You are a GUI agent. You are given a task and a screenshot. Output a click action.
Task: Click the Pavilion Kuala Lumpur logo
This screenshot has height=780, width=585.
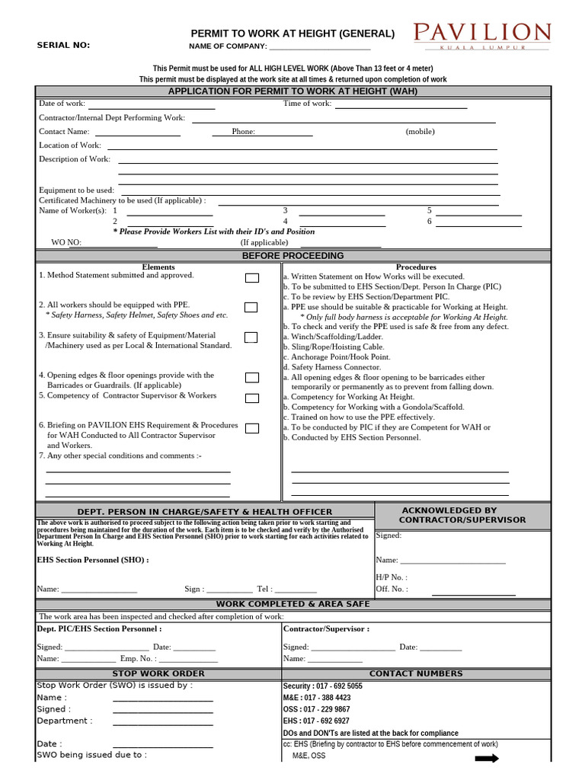[x=482, y=36]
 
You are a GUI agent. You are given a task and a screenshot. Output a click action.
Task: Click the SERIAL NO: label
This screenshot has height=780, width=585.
[x=63, y=45]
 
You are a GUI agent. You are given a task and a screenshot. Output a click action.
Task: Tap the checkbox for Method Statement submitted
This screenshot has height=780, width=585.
[x=251, y=278]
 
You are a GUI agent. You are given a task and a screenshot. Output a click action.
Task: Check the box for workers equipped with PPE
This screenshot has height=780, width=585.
[x=251, y=307]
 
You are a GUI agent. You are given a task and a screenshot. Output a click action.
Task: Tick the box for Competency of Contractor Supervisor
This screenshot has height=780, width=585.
[x=251, y=398]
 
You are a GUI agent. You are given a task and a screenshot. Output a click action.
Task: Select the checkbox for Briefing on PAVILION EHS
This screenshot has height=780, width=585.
[x=251, y=428]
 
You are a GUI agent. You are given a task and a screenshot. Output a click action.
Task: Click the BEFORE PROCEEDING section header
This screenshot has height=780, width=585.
[x=292, y=256]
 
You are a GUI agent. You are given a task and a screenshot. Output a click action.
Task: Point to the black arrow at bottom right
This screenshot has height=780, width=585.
[x=486, y=758]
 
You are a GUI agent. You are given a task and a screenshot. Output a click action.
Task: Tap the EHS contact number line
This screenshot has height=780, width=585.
[x=316, y=721]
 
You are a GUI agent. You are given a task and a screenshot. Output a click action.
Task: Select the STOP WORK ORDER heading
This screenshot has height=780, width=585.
[x=158, y=673]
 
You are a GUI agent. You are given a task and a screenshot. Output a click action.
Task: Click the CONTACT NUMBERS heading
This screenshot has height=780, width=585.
[x=416, y=673]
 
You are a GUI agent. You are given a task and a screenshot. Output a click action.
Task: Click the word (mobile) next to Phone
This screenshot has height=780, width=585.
[x=420, y=131]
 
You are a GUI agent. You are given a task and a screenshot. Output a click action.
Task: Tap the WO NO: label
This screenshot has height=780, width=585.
[x=66, y=242]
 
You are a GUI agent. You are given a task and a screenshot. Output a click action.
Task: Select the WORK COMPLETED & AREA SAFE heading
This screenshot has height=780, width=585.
[x=292, y=604]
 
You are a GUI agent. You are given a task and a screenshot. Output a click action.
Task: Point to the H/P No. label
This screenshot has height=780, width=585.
[x=391, y=577]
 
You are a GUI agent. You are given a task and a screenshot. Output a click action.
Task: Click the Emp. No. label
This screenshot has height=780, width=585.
[x=138, y=658]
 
